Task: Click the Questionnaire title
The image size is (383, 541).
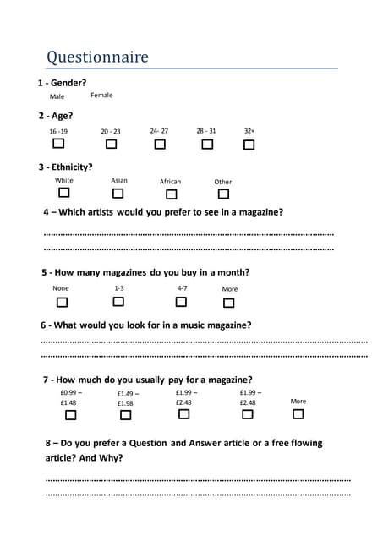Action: click(x=97, y=57)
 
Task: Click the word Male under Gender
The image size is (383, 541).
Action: click(x=57, y=96)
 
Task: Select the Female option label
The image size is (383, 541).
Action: click(x=101, y=95)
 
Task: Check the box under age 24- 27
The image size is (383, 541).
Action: click(x=160, y=145)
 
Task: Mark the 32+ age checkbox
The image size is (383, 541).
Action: click(x=249, y=145)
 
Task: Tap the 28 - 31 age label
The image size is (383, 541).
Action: click(x=206, y=131)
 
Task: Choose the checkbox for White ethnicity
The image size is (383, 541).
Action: click(x=63, y=194)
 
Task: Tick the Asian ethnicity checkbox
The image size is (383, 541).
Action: click(x=118, y=194)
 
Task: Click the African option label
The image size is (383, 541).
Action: click(x=170, y=182)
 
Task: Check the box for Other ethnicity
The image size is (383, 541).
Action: click(x=223, y=194)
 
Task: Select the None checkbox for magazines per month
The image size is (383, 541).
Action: click(x=62, y=302)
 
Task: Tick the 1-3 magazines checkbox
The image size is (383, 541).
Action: click(x=119, y=302)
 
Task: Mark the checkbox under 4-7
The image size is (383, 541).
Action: click(x=182, y=302)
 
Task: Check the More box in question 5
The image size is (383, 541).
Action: click(x=229, y=303)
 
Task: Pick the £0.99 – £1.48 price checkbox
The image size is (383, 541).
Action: click(x=71, y=415)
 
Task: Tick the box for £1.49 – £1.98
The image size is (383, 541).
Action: click(x=126, y=415)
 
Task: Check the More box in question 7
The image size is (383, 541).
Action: click(x=298, y=414)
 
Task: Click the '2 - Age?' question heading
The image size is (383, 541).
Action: click(x=56, y=116)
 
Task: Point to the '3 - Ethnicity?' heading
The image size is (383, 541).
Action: click(x=66, y=167)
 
